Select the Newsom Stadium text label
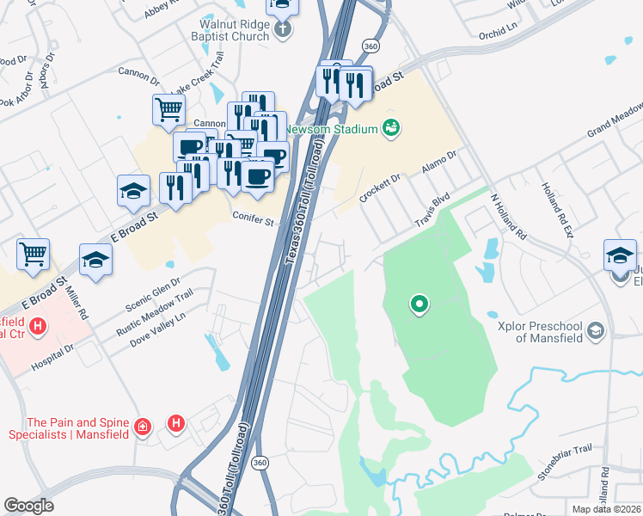click(x=332, y=129)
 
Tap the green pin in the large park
click(x=419, y=304)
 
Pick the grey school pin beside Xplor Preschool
click(x=597, y=331)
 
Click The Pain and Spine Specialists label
click(x=78, y=428)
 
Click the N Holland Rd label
click(x=508, y=214)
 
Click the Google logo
click(x=29, y=505)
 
